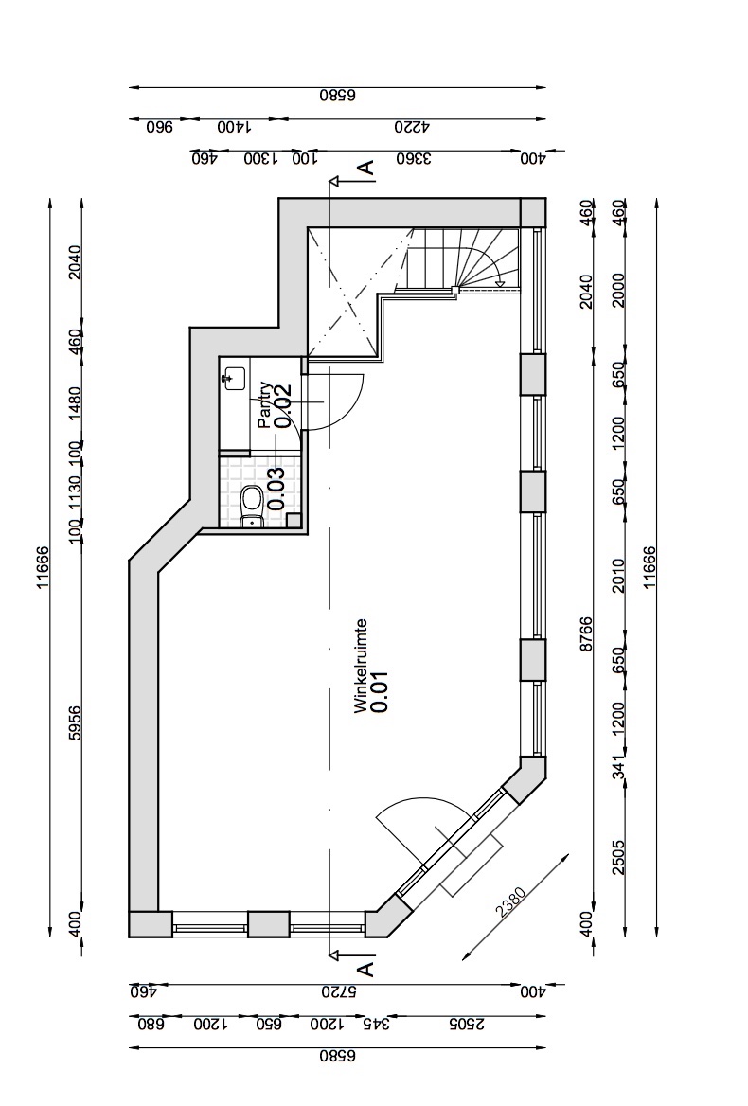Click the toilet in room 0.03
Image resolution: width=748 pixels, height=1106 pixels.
click(251, 507)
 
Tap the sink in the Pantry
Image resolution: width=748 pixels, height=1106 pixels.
click(233, 379)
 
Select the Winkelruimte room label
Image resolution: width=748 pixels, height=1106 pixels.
click(361, 667)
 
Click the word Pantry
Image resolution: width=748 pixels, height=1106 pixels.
click(264, 405)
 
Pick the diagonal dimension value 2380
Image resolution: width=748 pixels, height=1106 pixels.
click(510, 902)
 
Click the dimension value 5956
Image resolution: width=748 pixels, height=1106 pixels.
click(76, 723)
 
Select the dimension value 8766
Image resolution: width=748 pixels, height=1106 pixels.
click(586, 634)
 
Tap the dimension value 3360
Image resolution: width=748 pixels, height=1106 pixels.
click(414, 159)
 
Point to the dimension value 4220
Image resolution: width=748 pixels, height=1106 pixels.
click(413, 128)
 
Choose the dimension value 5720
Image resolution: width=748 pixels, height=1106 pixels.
click(339, 991)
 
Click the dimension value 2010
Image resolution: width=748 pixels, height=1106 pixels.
click(618, 575)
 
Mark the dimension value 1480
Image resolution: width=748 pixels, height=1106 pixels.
click(76, 402)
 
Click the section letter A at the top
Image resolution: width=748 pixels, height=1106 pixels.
click(365, 168)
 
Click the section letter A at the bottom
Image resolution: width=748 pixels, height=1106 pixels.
click(365, 969)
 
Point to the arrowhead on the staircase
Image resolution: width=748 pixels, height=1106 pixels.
click(500, 283)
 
